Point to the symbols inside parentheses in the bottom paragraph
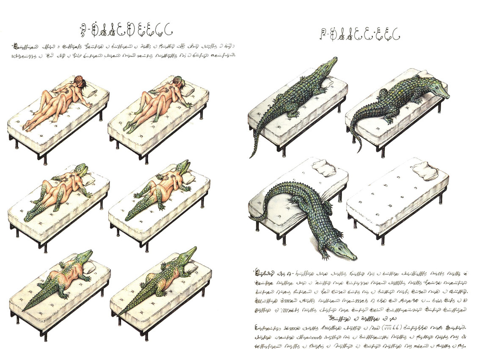point(378,327)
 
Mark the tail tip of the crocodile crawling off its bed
point(253,219)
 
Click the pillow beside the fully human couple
point(92,93)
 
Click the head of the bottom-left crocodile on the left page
point(84,255)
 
